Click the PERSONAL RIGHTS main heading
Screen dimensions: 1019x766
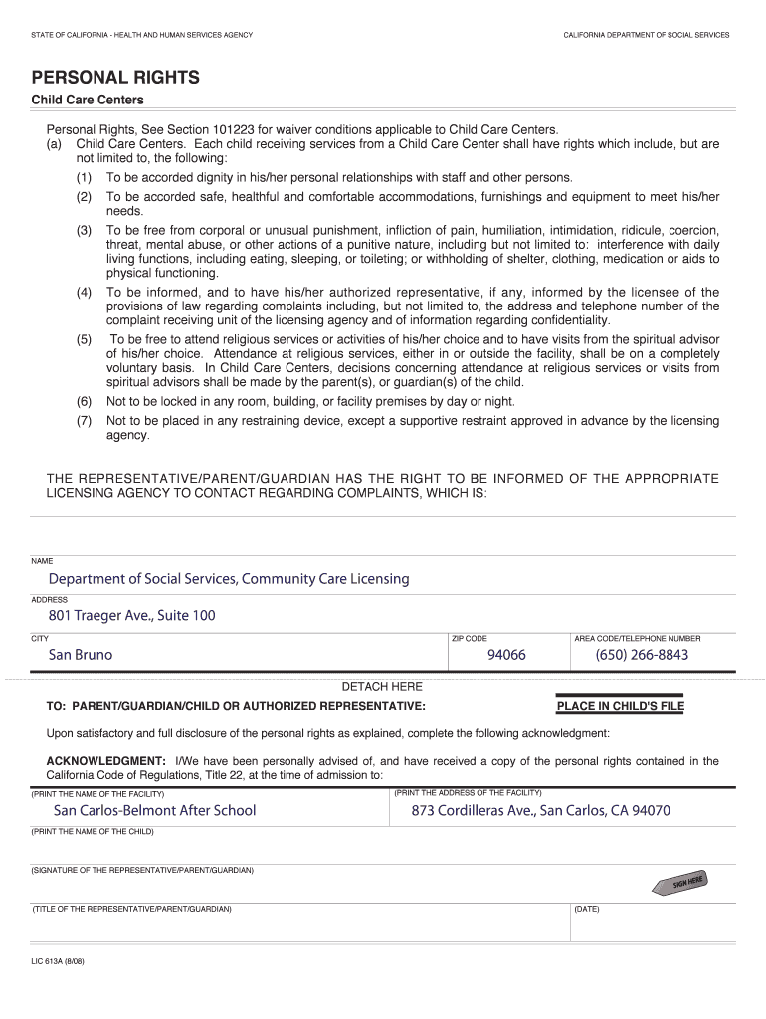(115, 78)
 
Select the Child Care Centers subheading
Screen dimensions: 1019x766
(88, 101)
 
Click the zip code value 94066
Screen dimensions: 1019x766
(506, 655)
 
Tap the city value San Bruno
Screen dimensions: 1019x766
(81, 655)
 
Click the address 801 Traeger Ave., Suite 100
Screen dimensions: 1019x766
(131, 616)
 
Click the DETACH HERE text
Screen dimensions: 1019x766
(382, 687)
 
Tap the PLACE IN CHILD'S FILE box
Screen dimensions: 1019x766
(621, 707)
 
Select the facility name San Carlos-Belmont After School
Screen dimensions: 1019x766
(154, 811)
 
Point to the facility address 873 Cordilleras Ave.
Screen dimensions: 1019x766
(541, 811)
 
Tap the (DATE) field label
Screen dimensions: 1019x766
(587, 909)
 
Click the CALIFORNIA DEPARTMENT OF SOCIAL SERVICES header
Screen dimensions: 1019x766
(646, 35)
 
